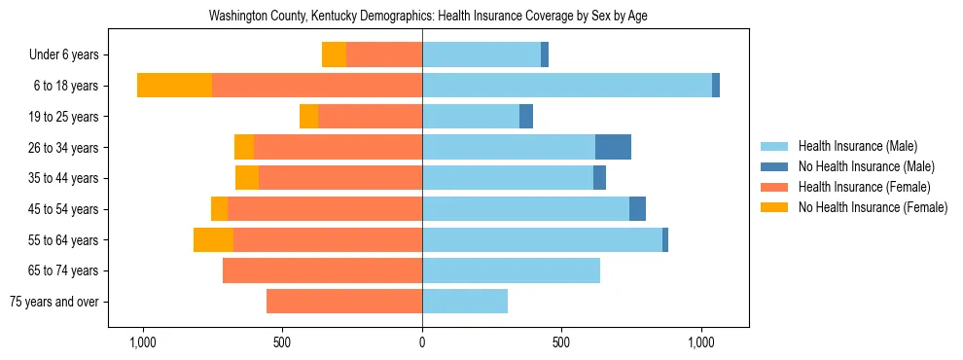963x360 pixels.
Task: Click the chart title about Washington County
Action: click(x=428, y=17)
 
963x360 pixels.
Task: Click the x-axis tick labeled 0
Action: click(x=422, y=343)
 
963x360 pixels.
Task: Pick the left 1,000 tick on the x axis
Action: click(x=143, y=343)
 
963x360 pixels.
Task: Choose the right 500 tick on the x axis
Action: click(x=561, y=343)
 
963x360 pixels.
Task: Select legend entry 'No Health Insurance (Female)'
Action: click(x=873, y=207)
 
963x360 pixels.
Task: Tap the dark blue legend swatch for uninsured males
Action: click(x=775, y=166)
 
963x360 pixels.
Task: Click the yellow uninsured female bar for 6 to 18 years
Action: click(x=174, y=86)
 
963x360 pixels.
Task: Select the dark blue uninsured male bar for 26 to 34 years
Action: click(x=613, y=147)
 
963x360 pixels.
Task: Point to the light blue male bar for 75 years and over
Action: click(x=465, y=302)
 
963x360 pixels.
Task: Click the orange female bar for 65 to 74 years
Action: click(x=322, y=270)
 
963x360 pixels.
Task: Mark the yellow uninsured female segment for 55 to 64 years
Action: click(x=213, y=239)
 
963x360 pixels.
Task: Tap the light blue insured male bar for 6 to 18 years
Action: click(x=567, y=86)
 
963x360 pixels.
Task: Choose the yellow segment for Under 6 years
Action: click(x=334, y=55)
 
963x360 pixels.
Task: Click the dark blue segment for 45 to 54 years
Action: click(x=637, y=209)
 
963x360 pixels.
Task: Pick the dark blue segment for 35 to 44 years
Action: click(x=599, y=178)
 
